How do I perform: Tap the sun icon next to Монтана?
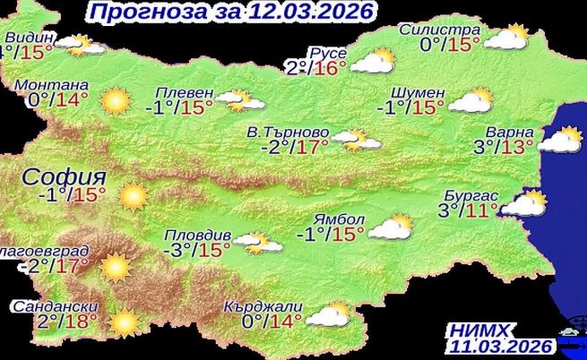point(116,101)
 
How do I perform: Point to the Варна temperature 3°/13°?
point(505,144)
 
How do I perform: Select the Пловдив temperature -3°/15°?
point(197,248)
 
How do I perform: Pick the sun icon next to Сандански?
point(125,321)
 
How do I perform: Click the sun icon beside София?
point(133,194)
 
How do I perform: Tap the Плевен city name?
point(185,92)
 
